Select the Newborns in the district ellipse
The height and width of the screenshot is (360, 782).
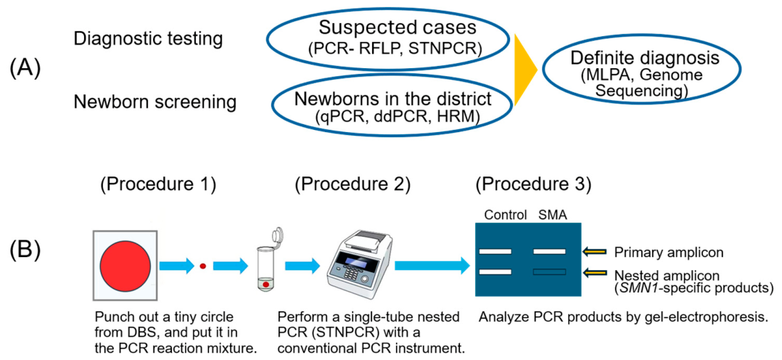392,106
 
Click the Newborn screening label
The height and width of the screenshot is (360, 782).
155,102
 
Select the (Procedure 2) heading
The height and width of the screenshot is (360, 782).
353,186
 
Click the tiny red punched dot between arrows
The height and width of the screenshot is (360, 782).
202,266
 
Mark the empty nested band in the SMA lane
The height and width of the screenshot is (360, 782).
549,272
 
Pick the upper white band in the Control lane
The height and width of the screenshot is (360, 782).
495,251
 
